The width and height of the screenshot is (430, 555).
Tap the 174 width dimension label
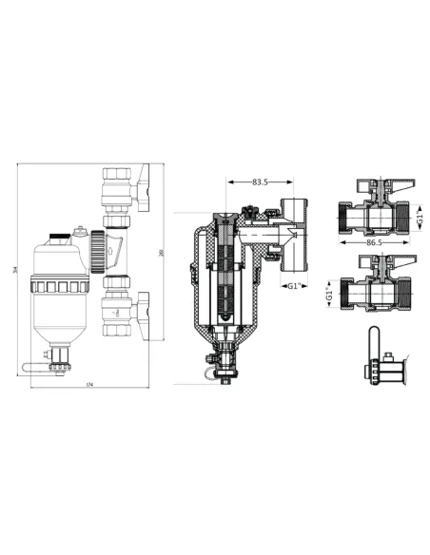[88, 384]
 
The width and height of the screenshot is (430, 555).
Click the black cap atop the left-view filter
[60, 231]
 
